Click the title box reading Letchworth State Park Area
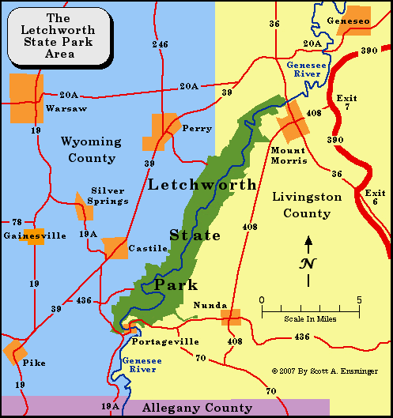click(59, 36)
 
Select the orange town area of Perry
click(162, 131)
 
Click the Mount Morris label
click(288, 156)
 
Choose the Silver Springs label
click(109, 195)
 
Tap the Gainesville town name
click(35, 235)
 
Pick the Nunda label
click(210, 305)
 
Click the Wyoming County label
click(91, 150)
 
